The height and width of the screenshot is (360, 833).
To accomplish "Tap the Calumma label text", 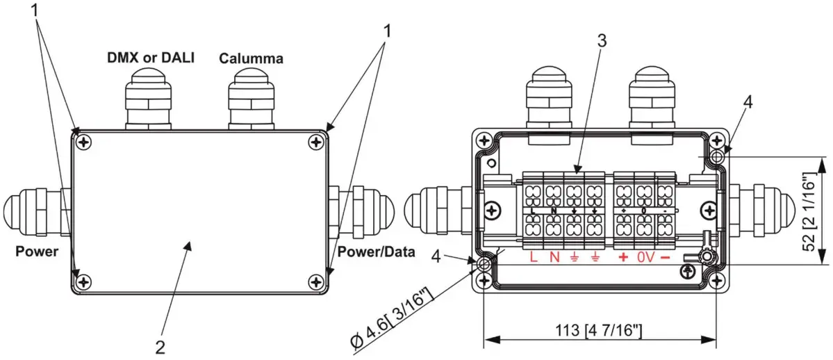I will point(251,58).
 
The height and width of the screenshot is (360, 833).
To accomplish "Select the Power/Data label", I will point(377,252).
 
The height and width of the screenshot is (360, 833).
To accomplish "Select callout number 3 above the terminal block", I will point(602,40).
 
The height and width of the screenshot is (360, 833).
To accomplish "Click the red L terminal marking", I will point(533,258).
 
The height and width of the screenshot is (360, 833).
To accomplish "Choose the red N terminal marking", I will point(554,258).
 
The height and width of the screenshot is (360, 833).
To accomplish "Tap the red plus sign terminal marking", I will point(622,258).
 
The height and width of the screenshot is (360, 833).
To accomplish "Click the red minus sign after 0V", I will point(665,258).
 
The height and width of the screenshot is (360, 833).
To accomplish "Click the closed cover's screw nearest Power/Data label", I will point(317,281).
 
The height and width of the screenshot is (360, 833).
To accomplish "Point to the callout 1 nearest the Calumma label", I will point(387,31).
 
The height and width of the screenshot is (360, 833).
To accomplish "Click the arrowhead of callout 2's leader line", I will point(192,238).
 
